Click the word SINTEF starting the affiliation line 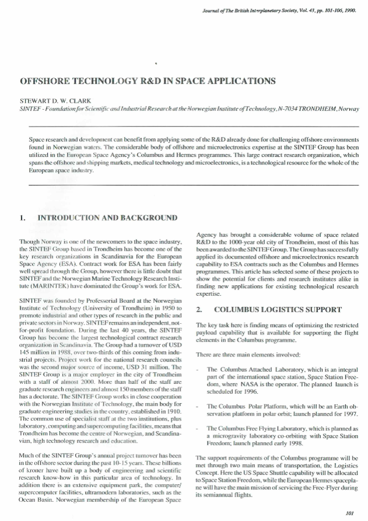click(x=31, y=109)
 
